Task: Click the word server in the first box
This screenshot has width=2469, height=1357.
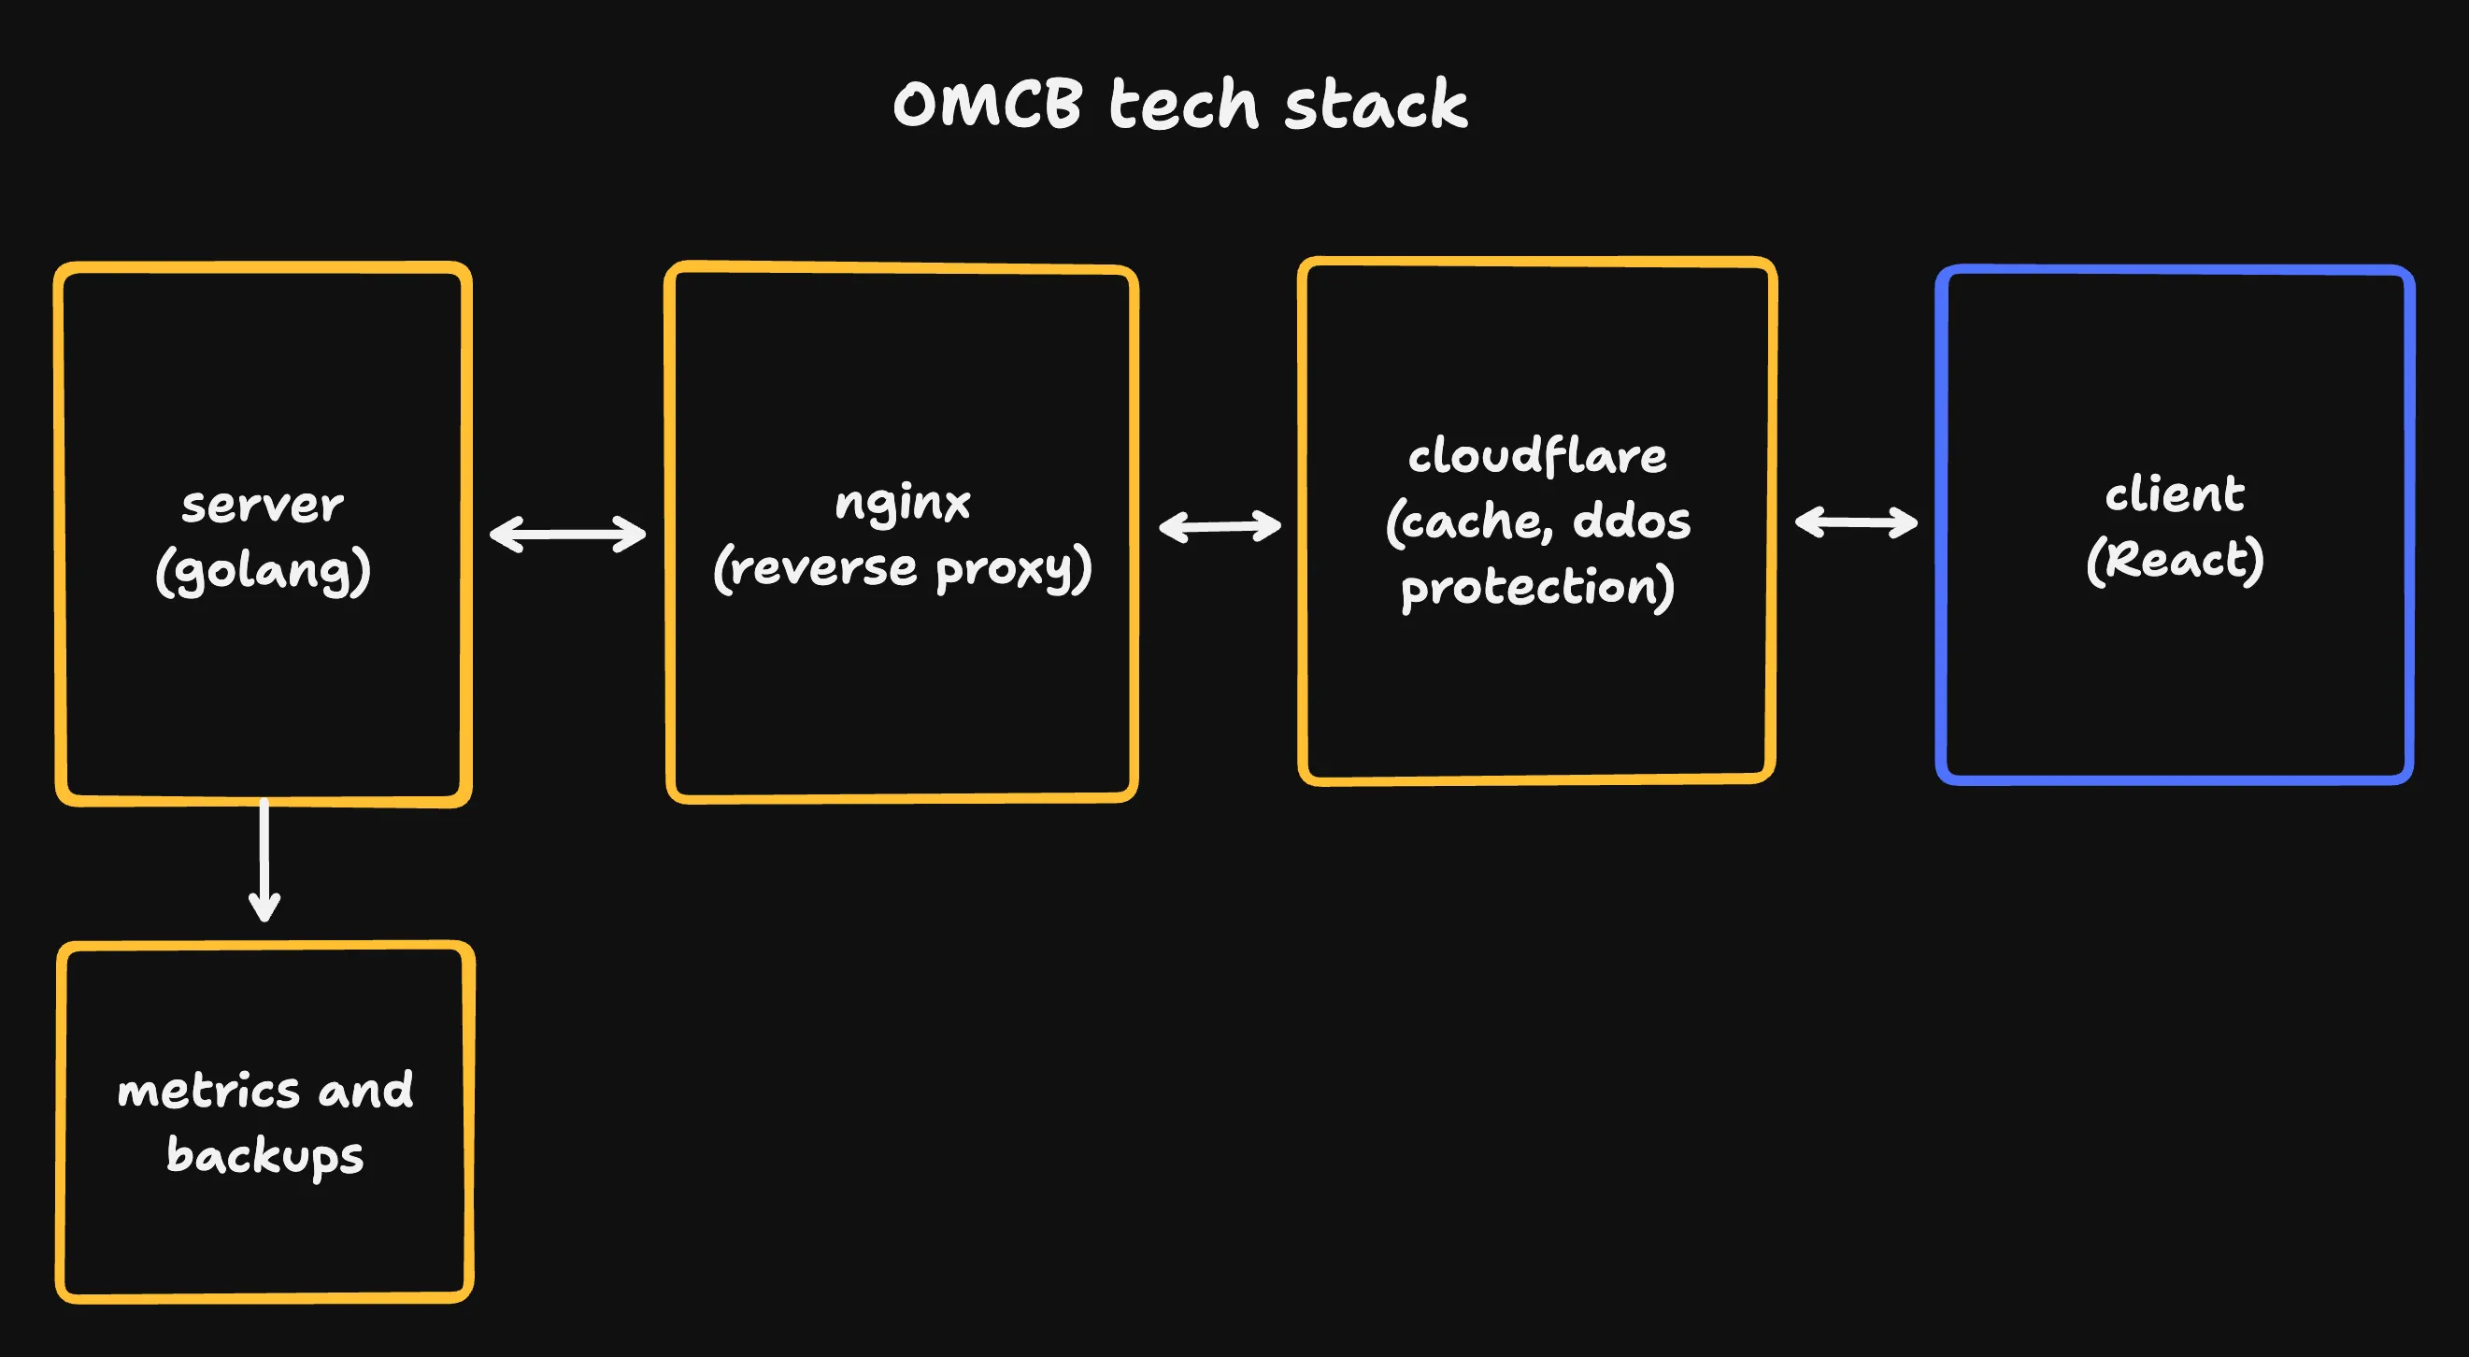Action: pyautogui.click(x=263, y=505)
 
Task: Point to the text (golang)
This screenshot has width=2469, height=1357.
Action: pyautogui.click(x=263, y=572)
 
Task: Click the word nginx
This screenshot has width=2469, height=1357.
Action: pyautogui.click(x=902, y=502)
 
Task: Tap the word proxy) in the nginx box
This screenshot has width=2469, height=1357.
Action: pyautogui.click(x=1013, y=569)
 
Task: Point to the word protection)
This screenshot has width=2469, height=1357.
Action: pyautogui.click(x=1536, y=587)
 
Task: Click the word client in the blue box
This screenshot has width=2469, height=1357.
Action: pyautogui.click(x=2174, y=494)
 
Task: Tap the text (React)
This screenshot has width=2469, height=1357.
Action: pyautogui.click(x=2174, y=560)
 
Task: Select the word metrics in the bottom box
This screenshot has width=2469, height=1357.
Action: pyautogui.click(x=208, y=1091)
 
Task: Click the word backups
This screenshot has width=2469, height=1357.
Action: pyautogui.click(x=264, y=1156)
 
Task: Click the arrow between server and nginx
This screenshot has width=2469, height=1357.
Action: pyautogui.click(x=567, y=534)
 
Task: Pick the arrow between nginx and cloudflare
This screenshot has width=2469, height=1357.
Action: pyautogui.click(x=1220, y=526)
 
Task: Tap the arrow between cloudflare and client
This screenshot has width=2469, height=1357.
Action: pyautogui.click(x=1856, y=522)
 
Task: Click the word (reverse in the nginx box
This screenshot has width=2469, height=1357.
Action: pyautogui.click(x=816, y=569)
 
